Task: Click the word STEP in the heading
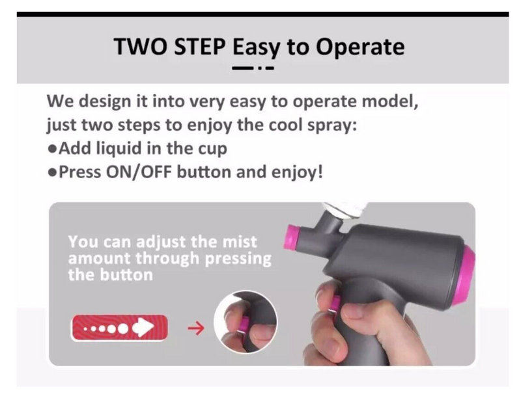200,46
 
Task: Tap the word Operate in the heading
360,47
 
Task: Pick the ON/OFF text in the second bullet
139,172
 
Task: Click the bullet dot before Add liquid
52,148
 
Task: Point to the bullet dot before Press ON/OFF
52,172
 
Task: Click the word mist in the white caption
240,241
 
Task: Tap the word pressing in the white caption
238,259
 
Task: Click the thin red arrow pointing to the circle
196,328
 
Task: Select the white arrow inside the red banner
143,328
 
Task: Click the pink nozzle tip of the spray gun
292,237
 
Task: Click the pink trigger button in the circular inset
245,324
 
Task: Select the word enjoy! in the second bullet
297,172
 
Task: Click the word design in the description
105,101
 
